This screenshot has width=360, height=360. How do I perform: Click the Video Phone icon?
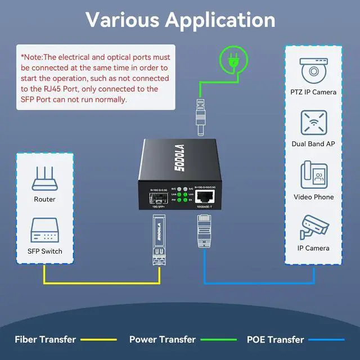coord(313,175)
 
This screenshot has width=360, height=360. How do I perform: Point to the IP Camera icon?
coord(313,226)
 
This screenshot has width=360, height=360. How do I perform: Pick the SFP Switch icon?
coord(44,229)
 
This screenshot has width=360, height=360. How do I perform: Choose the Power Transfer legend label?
coord(163,339)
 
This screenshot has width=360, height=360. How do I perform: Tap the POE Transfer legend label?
coord(276,339)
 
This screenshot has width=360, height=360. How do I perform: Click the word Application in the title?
coord(220,20)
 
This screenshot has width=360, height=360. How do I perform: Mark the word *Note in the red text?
coord(31,57)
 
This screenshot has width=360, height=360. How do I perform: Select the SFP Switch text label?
coord(44,251)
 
